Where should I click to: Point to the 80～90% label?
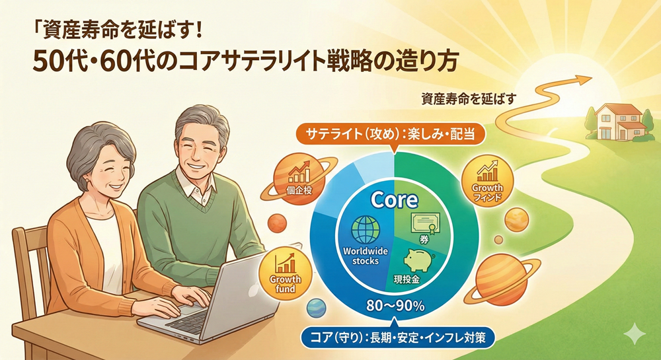click(394, 306)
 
